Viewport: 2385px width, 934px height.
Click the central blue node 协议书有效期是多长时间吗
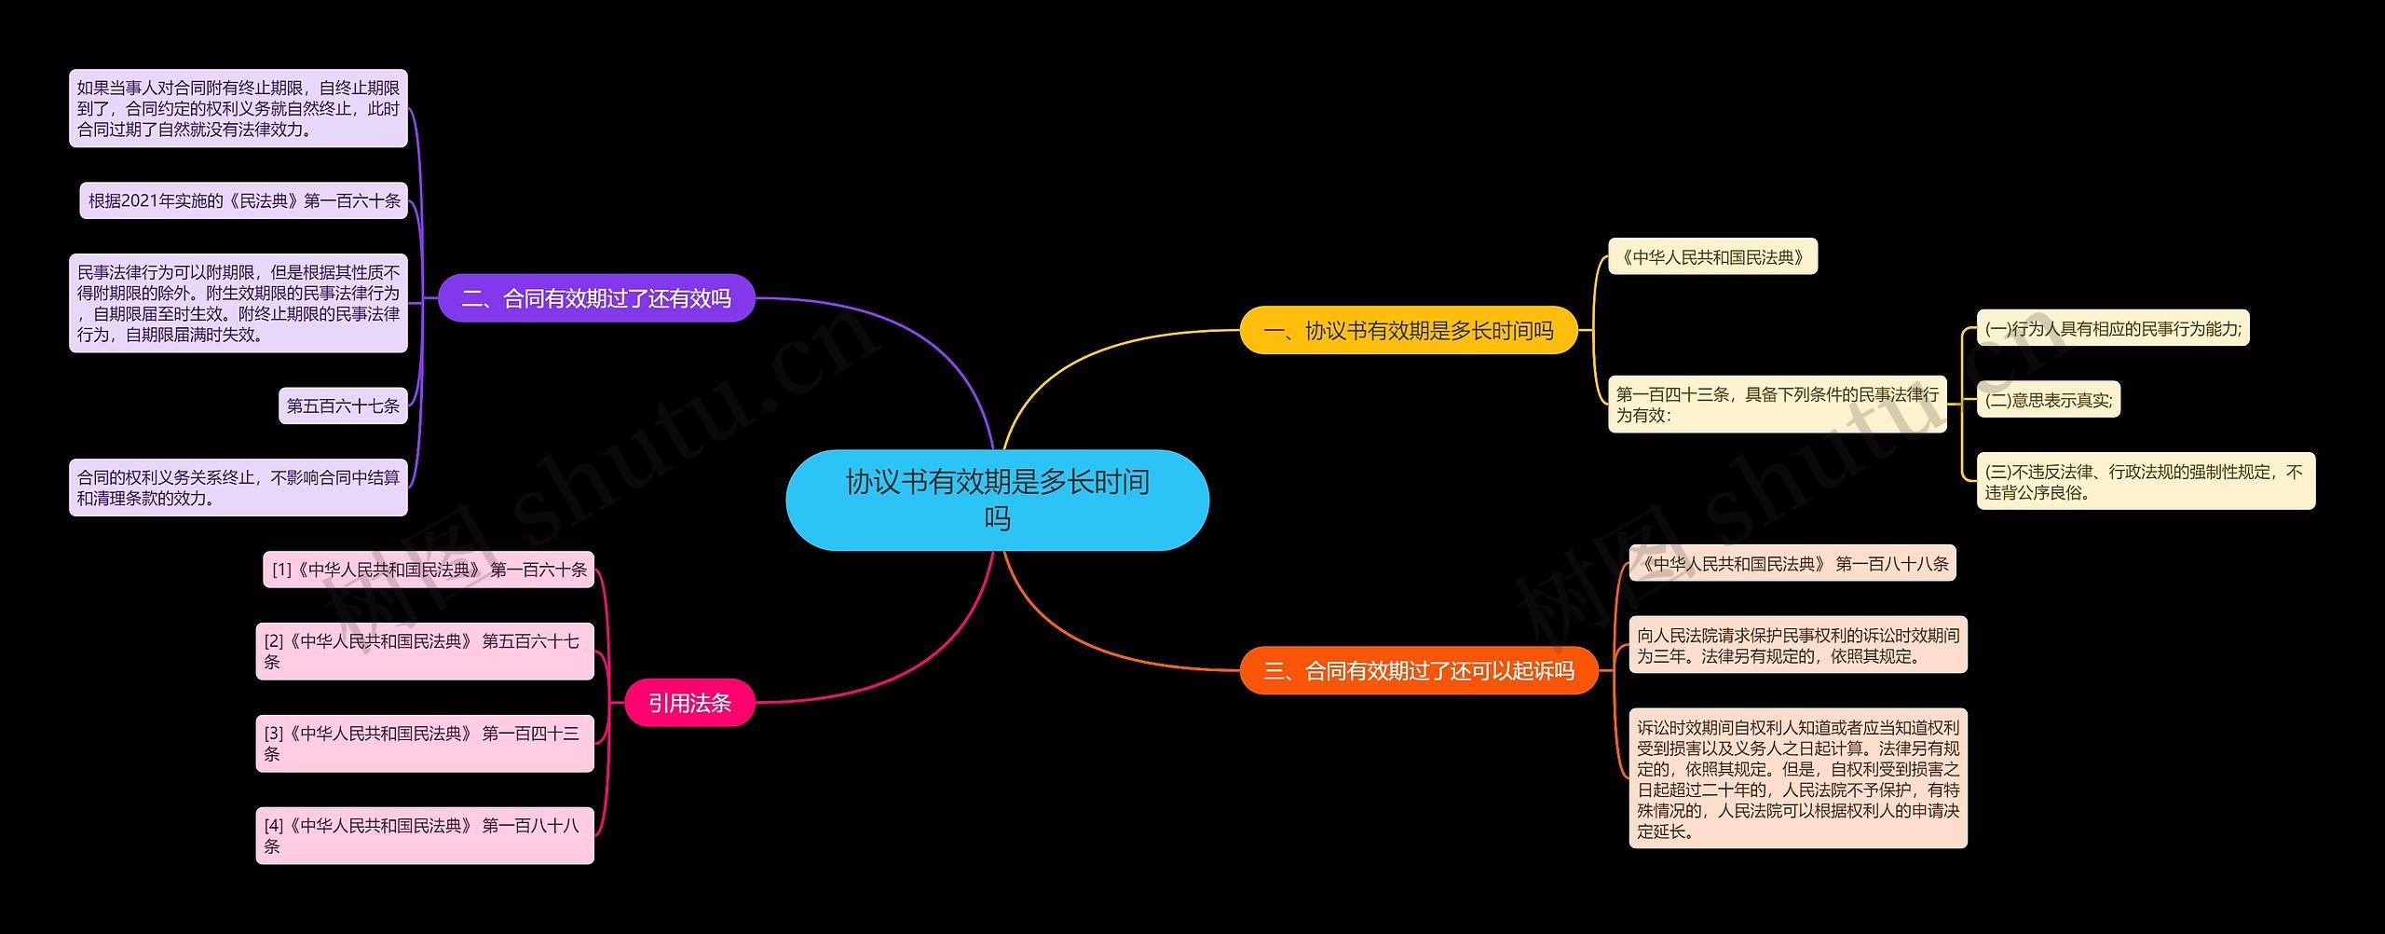997,500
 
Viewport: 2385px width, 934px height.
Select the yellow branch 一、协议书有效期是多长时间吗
1408,330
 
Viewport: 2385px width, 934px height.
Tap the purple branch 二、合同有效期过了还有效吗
596,298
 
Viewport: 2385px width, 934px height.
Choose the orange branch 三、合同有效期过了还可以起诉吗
1418,670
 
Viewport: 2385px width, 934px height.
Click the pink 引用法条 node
689,703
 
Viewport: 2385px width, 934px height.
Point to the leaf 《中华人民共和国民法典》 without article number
1712,257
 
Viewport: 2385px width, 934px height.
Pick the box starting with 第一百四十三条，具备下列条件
1777,405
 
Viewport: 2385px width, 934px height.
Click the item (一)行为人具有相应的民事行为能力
2112,328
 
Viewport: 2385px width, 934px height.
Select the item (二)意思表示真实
2048,400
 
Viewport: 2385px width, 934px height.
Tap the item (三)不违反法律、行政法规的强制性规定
2145,482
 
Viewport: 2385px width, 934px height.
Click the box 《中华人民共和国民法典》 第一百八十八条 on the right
1792,563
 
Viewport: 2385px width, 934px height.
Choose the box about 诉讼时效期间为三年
1797,645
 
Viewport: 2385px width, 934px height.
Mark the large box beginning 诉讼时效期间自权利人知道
1797,778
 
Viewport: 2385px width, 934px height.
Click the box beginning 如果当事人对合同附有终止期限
238,108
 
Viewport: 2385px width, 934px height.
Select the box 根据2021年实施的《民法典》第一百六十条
244,200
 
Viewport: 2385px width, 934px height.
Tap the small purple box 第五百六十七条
343,405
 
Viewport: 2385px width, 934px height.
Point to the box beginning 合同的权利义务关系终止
238,488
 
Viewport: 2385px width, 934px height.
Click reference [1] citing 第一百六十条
429,570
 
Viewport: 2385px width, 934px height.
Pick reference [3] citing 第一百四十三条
425,743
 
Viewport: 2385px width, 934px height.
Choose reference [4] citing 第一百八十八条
425,835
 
